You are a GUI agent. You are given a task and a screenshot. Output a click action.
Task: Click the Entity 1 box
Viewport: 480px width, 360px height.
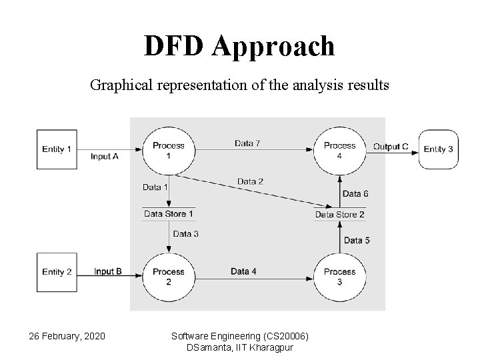tap(57, 149)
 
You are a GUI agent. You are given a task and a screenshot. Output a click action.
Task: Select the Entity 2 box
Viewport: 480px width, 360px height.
tap(57, 272)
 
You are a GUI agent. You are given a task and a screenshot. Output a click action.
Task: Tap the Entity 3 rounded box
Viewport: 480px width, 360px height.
tap(438, 149)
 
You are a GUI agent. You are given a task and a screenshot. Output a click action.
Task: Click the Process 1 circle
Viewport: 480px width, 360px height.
tap(168, 150)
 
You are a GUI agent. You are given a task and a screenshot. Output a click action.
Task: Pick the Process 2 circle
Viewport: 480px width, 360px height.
tap(168, 276)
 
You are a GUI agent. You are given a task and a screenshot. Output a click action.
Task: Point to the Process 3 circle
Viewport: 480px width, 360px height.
tap(339, 276)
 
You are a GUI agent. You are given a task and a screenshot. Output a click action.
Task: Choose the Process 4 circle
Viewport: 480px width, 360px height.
tap(339, 150)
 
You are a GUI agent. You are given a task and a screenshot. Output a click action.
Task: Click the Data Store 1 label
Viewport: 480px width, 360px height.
tap(169, 214)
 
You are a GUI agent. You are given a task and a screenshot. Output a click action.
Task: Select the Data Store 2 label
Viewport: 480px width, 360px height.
tap(339, 215)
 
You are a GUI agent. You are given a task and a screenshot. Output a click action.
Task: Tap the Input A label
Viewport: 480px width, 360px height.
tap(105, 157)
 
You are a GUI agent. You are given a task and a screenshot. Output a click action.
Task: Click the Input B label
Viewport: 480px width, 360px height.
tap(107, 271)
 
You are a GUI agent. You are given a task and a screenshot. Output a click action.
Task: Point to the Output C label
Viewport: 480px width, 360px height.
tap(391, 147)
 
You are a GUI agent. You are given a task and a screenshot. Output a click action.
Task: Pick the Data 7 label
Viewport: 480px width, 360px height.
tap(247, 143)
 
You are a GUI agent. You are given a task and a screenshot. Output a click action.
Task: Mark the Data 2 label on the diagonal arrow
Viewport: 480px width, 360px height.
tap(250, 181)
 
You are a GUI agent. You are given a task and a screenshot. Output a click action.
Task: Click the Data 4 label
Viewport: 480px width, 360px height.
tap(244, 271)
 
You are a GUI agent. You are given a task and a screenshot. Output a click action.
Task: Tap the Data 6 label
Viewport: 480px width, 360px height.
tap(355, 194)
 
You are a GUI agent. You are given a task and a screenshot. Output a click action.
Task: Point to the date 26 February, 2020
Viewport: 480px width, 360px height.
tap(67, 335)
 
